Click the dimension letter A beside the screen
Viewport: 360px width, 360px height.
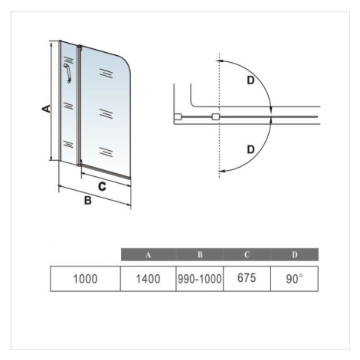(46, 109)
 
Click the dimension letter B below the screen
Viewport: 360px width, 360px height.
(88, 201)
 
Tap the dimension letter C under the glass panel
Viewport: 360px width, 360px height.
(102, 187)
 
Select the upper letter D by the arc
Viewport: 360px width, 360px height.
(250, 80)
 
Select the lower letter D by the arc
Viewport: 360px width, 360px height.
(251, 149)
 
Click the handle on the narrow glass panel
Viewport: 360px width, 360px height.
(67, 74)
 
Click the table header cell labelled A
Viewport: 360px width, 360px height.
(149, 254)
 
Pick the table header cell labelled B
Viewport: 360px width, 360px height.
(200, 254)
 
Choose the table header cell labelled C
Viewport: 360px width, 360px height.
(247, 254)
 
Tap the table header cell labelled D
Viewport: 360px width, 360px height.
(295, 254)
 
